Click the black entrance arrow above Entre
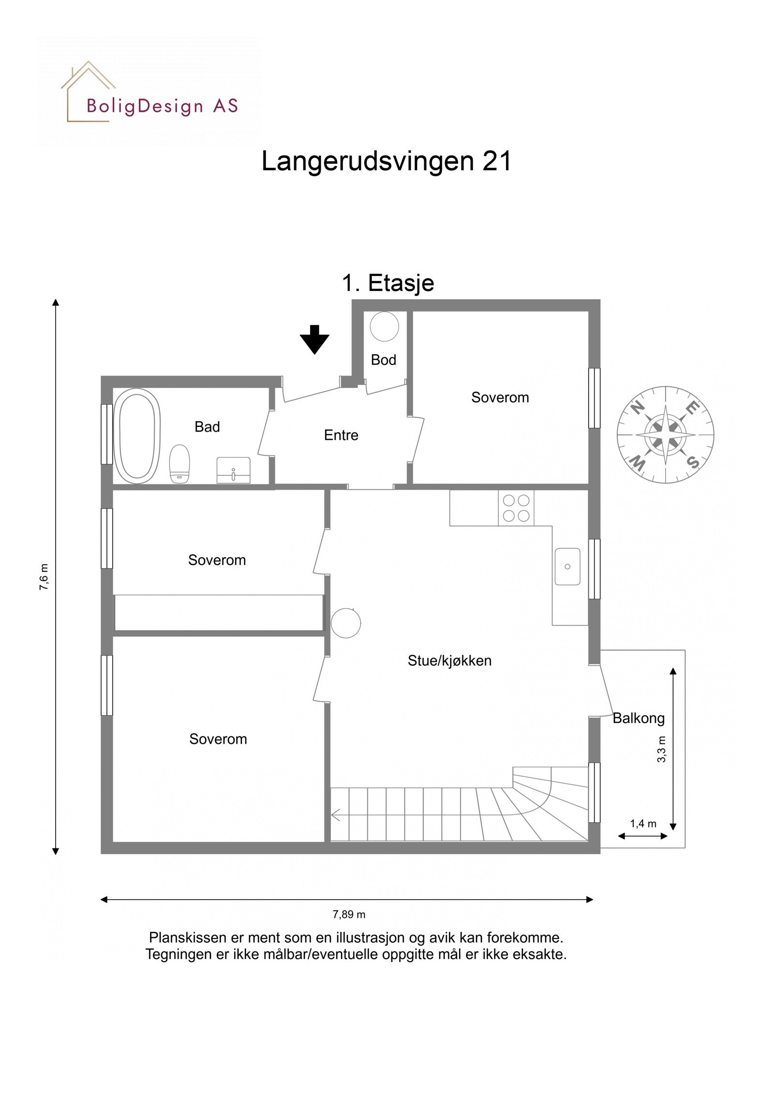[x=314, y=339]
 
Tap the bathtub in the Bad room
[x=137, y=436]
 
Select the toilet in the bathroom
[x=179, y=463]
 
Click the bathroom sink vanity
[x=233, y=469]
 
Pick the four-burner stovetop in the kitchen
[x=516, y=508]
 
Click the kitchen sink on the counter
[x=567, y=566]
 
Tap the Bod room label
[x=383, y=360]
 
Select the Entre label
[x=341, y=435]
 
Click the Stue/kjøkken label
[x=449, y=660]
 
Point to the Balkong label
[x=638, y=718]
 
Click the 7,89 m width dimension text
[x=348, y=914]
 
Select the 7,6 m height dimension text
[x=44, y=576]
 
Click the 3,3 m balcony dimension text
[x=661, y=749]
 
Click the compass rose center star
[x=665, y=435]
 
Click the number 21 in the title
[x=496, y=161]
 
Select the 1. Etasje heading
[x=388, y=283]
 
